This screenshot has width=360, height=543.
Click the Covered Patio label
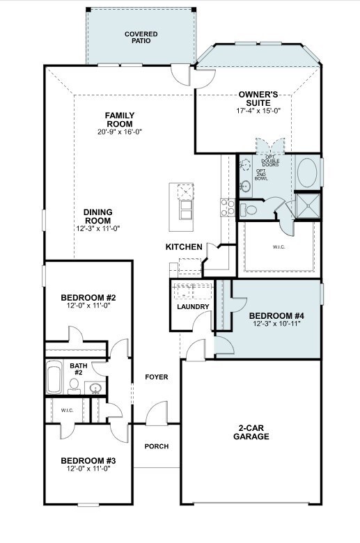[141, 38]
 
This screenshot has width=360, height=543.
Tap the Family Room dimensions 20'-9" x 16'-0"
[120, 132]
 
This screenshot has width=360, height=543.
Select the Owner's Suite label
[258, 99]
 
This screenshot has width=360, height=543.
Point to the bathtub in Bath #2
[54, 377]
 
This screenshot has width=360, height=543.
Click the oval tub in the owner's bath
[307, 173]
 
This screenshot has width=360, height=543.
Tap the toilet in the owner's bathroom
[248, 210]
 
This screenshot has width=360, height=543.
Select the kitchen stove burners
[228, 207]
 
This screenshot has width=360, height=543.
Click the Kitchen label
[184, 247]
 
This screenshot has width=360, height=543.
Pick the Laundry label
[193, 307]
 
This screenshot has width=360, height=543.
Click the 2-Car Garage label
[251, 432]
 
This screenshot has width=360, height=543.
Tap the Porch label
[157, 446]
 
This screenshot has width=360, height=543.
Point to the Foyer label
[157, 377]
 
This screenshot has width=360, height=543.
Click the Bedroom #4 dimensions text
[276, 324]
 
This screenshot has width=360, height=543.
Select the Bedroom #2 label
[88, 297]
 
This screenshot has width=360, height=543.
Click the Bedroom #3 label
[88, 461]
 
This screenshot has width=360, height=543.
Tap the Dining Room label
[98, 216]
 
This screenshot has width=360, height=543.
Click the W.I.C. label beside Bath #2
[68, 410]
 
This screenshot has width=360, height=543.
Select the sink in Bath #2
[95, 388]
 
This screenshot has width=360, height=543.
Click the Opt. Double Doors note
[271, 162]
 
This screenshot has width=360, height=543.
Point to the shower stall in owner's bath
[308, 205]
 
